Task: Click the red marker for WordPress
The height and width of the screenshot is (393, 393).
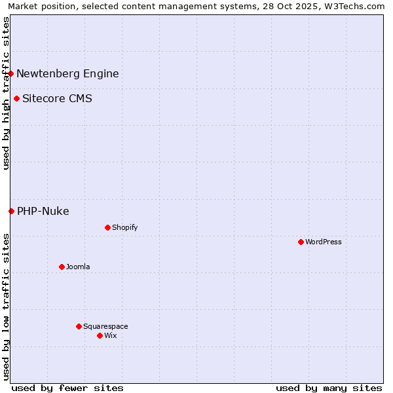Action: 301,242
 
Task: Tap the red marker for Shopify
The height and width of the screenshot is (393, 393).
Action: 107,227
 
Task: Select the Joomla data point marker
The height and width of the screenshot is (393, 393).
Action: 62,267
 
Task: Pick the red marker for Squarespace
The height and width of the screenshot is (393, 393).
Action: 79,326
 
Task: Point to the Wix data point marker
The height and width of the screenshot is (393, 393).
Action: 100,335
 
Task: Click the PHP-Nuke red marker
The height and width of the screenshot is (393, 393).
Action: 11,211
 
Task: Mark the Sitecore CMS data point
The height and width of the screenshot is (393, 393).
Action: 16,99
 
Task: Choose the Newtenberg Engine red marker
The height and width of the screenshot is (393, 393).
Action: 11,73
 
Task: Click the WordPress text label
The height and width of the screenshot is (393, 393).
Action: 324,242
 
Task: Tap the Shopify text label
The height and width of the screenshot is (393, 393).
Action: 124,227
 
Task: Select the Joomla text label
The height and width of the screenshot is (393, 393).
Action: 78,267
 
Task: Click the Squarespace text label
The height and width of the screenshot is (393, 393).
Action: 105,326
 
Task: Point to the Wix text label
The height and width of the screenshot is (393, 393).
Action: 111,335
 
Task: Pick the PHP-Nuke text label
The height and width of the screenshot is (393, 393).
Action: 43,211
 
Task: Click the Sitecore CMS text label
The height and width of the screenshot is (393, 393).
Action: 57,99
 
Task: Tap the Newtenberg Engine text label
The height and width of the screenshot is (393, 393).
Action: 67,73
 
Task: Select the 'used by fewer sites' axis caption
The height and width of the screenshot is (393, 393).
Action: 67,388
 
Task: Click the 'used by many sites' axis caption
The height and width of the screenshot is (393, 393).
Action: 329,388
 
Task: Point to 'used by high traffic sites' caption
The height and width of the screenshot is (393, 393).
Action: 6,93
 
